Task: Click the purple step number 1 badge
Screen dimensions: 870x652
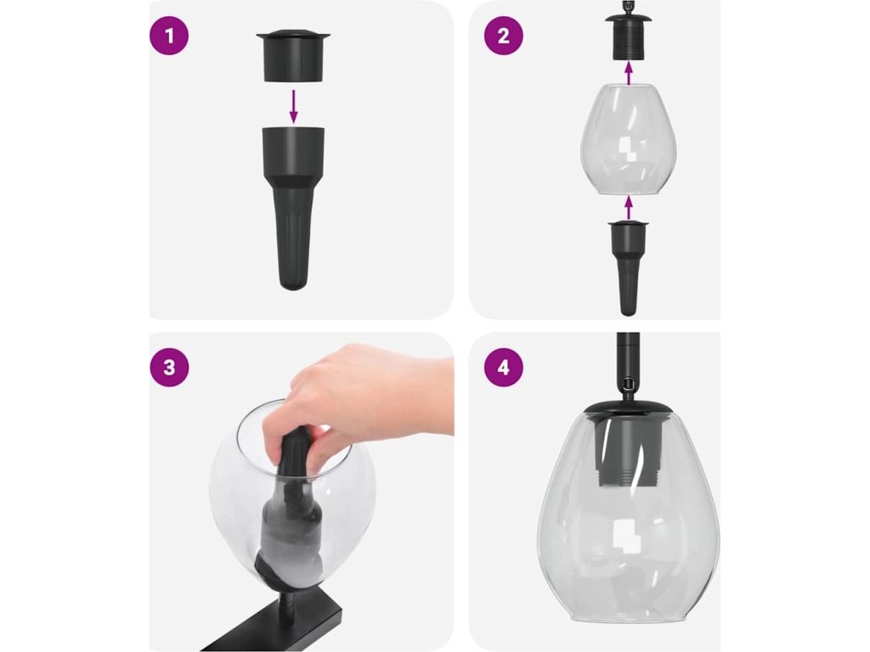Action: click(x=169, y=36)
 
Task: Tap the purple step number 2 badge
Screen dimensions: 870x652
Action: click(x=503, y=36)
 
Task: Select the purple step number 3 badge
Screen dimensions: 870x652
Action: click(x=169, y=367)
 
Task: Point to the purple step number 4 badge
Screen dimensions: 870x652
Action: click(x=503, y=367)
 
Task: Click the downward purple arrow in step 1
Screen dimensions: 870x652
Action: click(x=293, y=106)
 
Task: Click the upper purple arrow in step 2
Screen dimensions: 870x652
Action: click(x=628, y=74)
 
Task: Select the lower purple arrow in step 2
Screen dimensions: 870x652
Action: click(x=628, y=207)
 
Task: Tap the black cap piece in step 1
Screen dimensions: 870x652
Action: click(x=293, y=55)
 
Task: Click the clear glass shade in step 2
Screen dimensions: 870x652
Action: click(x=628, y=139)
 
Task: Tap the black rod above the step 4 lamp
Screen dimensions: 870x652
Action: click(x=628, y=366)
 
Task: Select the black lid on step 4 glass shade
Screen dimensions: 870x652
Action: click(x=628, y=407)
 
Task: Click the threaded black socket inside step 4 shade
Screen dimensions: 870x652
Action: click(x=628, y=451)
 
